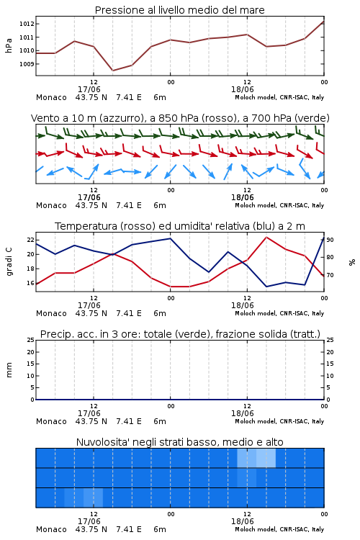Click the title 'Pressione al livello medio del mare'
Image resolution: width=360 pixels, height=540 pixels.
click(x=179, y=10)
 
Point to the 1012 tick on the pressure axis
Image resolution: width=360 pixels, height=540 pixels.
click(x=27, y=24)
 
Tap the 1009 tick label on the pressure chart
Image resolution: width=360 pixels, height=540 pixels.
click(x=27, y=64)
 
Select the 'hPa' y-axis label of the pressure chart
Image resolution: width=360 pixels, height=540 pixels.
click(x=9, y=45)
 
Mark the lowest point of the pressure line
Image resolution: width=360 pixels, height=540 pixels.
click(x=112, y=71)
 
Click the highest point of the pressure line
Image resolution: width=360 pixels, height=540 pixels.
click(x=323, y=22)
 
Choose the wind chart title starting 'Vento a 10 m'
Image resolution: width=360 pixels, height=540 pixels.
click(x=180, y=118)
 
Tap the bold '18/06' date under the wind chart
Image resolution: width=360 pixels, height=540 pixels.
click(x=242, y=197)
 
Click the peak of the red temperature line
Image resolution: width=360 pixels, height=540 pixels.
click(x=266, y=238)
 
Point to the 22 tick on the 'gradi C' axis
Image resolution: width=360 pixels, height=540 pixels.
click(x=30, y=240)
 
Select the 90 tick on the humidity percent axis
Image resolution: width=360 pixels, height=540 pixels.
click(x=330, y=240)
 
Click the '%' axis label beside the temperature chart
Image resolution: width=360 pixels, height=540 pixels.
click(x=352, y=262)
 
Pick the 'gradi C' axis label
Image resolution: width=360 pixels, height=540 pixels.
click(x=9, y=262)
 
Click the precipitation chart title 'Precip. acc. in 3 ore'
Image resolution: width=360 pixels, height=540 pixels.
click(x=180, y=334)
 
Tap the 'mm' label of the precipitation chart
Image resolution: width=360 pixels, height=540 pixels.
click(x=9, y=370)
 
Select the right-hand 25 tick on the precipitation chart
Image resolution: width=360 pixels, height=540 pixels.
click(x=330, y=341)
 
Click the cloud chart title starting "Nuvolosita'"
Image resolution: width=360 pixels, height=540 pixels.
click(x=179, y=442)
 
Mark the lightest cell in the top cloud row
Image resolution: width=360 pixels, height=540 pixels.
click(x=266, y=458)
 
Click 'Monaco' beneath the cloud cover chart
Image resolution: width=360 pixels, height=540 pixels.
click(x=51, y=529)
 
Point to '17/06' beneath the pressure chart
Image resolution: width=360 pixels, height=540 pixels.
click(x=89, y=89)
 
